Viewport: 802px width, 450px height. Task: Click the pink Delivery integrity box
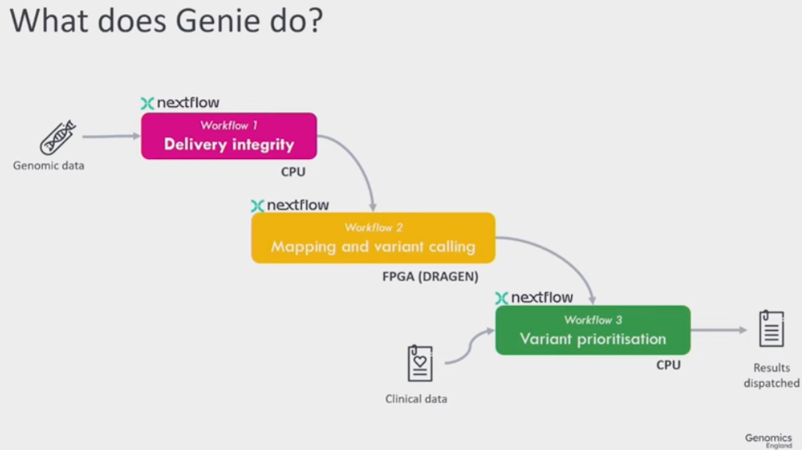(x=229, y=136)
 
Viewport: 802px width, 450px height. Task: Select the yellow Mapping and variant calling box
(x=373, y=238)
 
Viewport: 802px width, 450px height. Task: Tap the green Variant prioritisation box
(x=593, y=330)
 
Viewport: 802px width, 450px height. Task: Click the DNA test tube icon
(x=58, y=138)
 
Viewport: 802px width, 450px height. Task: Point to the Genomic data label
(x=48, y=165)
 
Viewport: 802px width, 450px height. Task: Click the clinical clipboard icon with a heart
(x=420, y=363)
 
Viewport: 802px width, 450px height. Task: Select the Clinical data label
(x=417, y=399)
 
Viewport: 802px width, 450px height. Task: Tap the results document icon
(x=771, y=328)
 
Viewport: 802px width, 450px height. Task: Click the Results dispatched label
(x=771, y=375)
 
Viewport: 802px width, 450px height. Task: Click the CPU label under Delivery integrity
(x=293, y=172)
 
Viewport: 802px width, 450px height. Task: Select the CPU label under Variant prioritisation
(x=668, y=364)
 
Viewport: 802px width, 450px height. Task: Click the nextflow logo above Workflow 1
(x=180, y=103)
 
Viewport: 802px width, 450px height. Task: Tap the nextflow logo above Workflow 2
(x=290, y=206)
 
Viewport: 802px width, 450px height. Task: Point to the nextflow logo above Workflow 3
(x=534, y=298)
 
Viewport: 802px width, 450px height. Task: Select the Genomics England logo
(x=768, y=440)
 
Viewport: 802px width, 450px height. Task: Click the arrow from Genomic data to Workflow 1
(x=111, y=136)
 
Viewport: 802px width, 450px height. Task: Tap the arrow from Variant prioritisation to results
(x=719, y=330)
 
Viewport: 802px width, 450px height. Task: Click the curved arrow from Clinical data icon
(x=468, y=348)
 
